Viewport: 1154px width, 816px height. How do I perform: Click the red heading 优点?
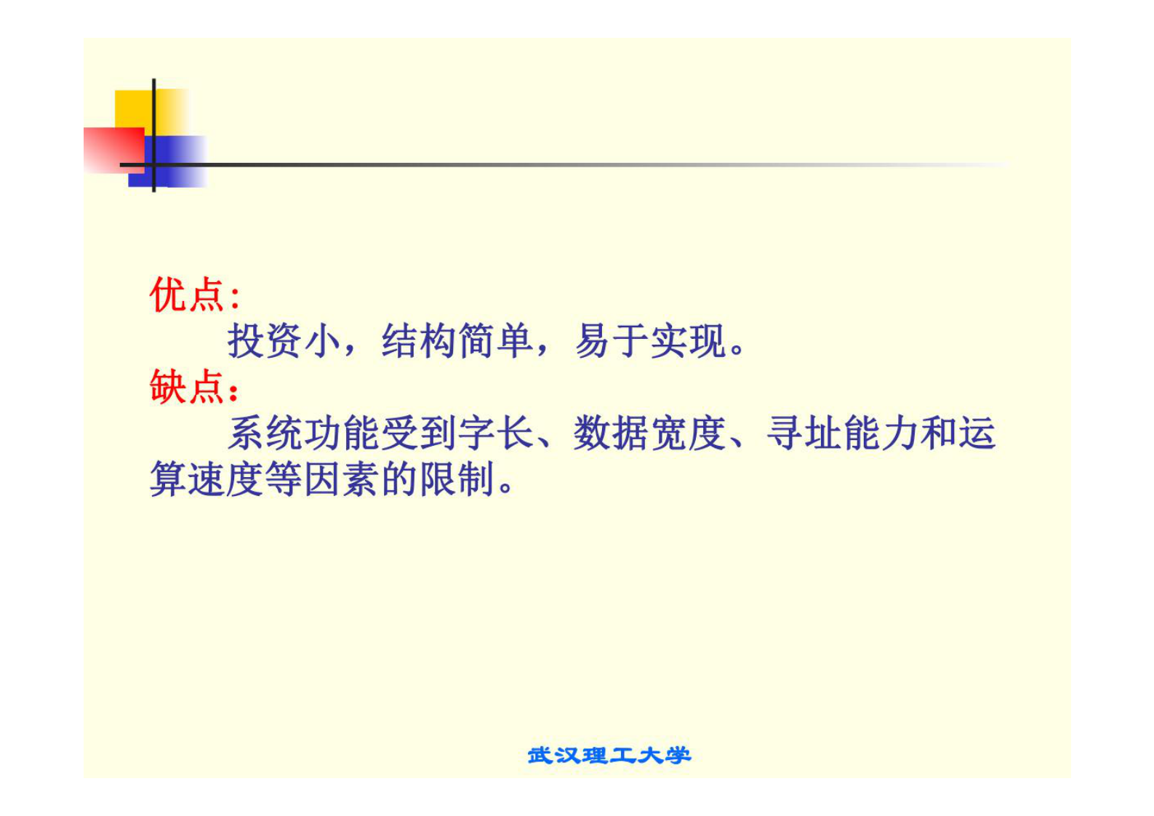pos(186,295)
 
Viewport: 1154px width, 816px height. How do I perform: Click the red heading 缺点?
pos(186,387)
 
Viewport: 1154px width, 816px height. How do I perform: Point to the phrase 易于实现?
pos(651,340)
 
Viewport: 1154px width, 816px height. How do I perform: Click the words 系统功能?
pos(304,433)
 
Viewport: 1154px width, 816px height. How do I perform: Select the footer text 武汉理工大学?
pos(609,756)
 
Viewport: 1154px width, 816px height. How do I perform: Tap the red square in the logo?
pos(113,149)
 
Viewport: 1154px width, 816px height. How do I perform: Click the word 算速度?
pos(207,479)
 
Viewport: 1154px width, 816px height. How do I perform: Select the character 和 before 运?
pos(938,433)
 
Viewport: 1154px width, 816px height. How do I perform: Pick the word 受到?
pos(419,433)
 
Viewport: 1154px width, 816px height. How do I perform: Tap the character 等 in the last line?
pos(284,479)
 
